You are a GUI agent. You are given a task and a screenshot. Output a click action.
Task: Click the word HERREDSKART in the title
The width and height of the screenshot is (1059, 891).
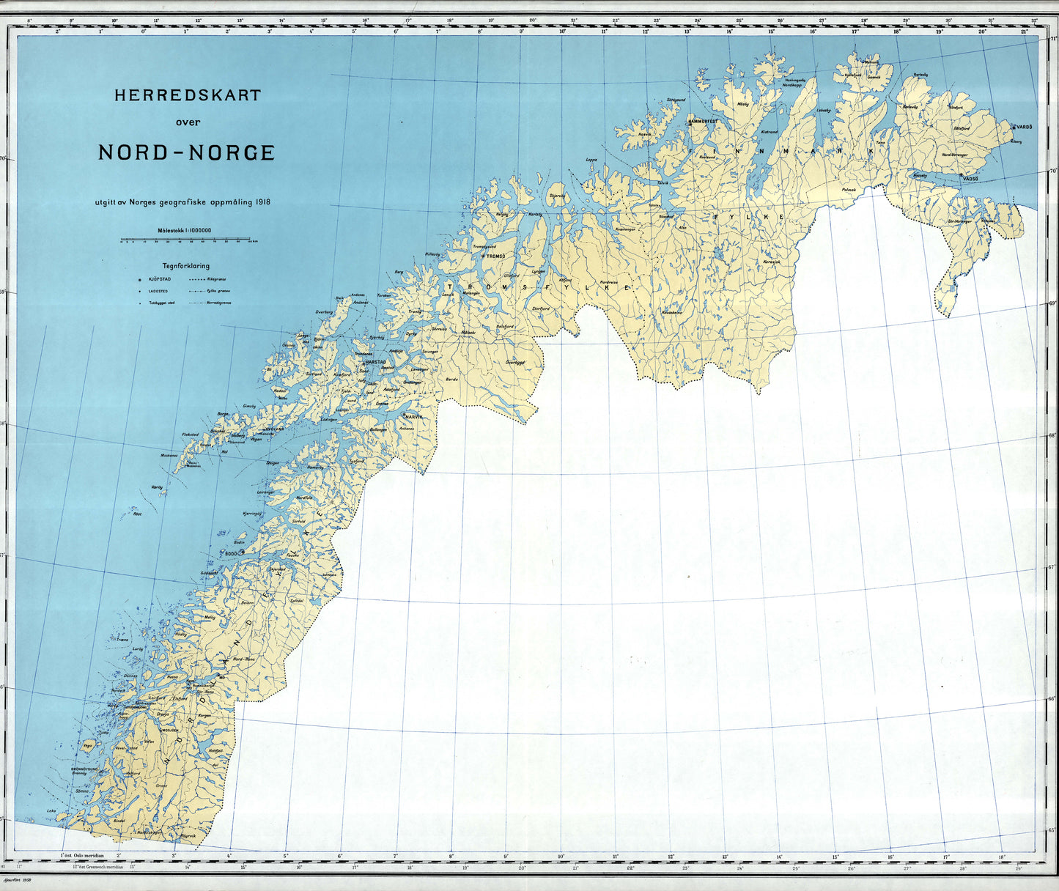click(187, 95)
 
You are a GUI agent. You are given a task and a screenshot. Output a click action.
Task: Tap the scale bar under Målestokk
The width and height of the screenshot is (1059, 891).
click(187, 240)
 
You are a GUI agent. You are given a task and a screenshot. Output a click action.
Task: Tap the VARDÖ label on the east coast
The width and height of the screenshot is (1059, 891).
click(1024, 127)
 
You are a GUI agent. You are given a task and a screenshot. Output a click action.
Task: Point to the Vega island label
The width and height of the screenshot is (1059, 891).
click(88, 744)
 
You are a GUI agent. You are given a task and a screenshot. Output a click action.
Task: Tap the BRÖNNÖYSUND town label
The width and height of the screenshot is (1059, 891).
click(85, 769)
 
